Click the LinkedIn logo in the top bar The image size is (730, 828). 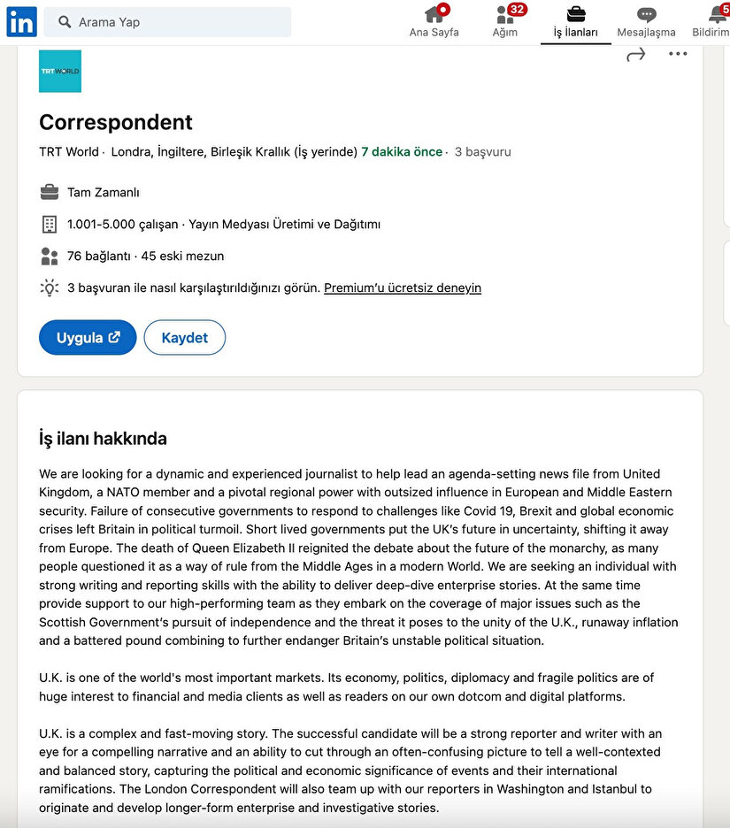click(x=21, y=21)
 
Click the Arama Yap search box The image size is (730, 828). click(x=168, y=22)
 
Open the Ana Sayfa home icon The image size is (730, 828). click(x=434, y=15)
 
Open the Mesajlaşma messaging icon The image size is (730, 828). click(x=647, y=15)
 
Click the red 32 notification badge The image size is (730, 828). click(x=518, y=10)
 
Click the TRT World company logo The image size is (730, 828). click(x=60, y=71)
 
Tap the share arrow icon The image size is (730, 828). click(x=635, y=55)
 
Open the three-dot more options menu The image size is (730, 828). click(x=678, y=54)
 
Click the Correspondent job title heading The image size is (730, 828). click(x=116, y=122)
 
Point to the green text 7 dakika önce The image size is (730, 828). click(x=402, y=151)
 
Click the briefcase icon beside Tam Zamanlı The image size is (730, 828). click(x=50, y=192)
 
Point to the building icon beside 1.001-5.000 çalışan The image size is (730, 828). click(x=50, y=224)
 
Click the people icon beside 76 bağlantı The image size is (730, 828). click(x=50, y=256)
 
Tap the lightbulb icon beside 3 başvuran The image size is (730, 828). click(x=50, y=287)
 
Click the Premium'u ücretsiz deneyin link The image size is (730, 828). click(x=403, y=287)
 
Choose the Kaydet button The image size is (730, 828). click(x=185, y=337)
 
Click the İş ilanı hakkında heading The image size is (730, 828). click(x=103, y=439)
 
